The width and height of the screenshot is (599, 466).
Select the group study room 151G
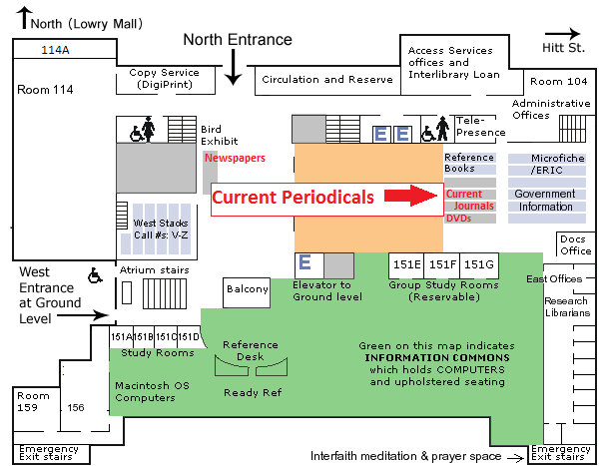[x=478, y=264]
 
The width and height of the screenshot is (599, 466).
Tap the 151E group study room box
[x=405, y=264]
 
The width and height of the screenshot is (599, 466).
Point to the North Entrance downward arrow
[x=233, y=67]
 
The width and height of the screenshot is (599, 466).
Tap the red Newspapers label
[x=236, y=158]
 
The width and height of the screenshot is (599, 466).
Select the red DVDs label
[x=459, y=218]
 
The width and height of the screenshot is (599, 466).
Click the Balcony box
[x=247, y=289]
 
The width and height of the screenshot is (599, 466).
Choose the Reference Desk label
[x=251, y=350]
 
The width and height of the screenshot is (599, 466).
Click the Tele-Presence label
[x=480, y=126]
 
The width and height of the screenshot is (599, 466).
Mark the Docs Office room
[x=574, y=244]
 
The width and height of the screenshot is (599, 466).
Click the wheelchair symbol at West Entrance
[x=96, y=273]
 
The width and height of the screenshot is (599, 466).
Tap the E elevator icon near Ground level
[x=306, y=263]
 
